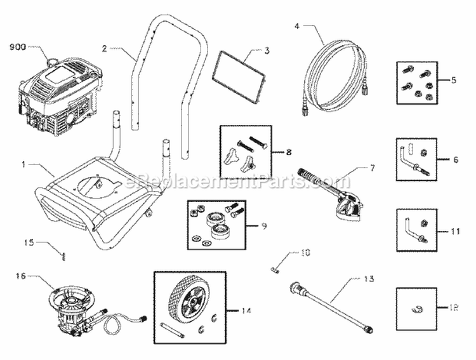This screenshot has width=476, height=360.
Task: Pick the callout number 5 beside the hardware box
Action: coord(455,81)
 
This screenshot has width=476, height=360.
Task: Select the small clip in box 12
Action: coord(416,309)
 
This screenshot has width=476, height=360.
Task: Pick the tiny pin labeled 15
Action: coord(65,257)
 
